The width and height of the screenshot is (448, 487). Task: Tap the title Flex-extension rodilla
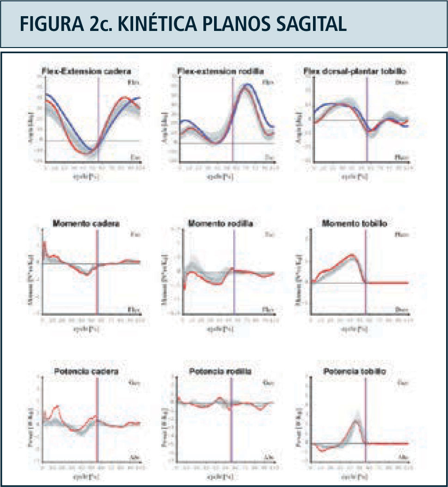pos(221,72)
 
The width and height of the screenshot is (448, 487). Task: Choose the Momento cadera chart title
pos(86,224)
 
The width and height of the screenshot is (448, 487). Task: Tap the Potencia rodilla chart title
pos(220,372)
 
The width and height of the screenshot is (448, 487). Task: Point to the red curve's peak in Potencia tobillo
pos(356,421)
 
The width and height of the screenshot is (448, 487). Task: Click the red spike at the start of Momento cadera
pos(44,243)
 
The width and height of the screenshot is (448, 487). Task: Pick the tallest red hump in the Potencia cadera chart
pos(57,407)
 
